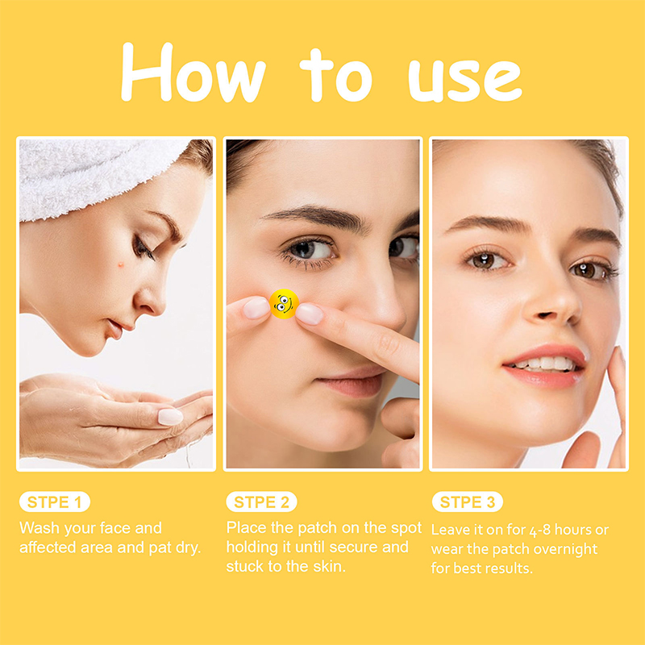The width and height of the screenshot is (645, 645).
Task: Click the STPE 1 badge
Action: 55,501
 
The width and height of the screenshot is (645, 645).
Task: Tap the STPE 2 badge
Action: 261,501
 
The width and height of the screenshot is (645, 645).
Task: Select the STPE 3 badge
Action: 468,501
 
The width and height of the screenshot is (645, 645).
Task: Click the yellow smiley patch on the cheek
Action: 284,304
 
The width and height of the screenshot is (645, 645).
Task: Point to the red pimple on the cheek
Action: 121,264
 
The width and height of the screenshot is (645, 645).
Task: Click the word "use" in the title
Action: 465,81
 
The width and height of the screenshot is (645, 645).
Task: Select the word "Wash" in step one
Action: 40,528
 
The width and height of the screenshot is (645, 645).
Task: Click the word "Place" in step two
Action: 247,527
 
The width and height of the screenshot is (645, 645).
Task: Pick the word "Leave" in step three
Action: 451,530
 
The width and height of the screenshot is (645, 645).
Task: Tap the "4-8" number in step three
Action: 539,531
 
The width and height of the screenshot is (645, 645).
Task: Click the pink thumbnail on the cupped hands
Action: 170,417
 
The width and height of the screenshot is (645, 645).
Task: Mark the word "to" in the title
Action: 335,75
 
